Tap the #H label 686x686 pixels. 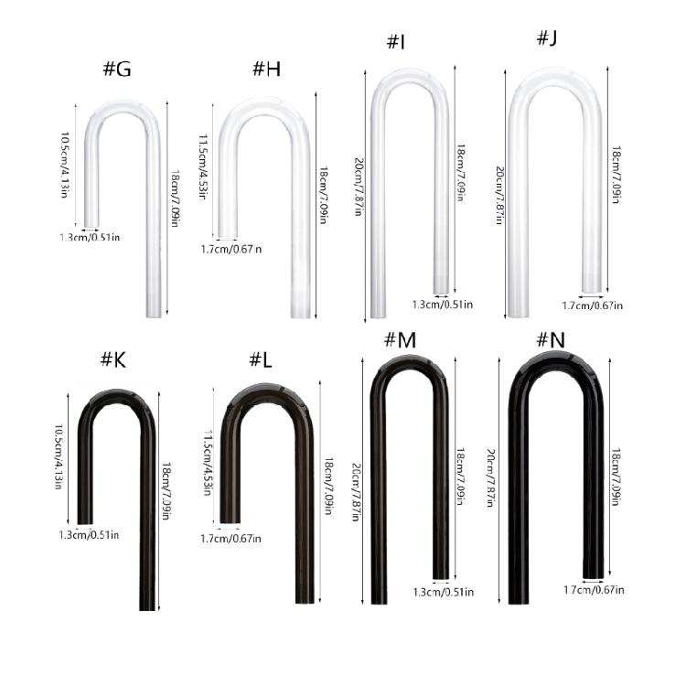pos(265,69)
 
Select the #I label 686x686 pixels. pos(395,42)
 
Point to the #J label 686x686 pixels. pos(546,38)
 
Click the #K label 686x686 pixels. pos(113,360)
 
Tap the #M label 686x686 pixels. pos(399,340)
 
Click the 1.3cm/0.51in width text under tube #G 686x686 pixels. pos(89,238)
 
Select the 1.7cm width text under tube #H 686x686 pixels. pos(231,248)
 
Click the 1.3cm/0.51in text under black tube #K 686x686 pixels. pos(89,534)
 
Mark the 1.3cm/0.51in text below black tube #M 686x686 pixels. pos(443,592)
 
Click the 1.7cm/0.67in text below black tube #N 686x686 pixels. pos(594,590)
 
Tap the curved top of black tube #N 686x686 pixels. pos(555,361)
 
